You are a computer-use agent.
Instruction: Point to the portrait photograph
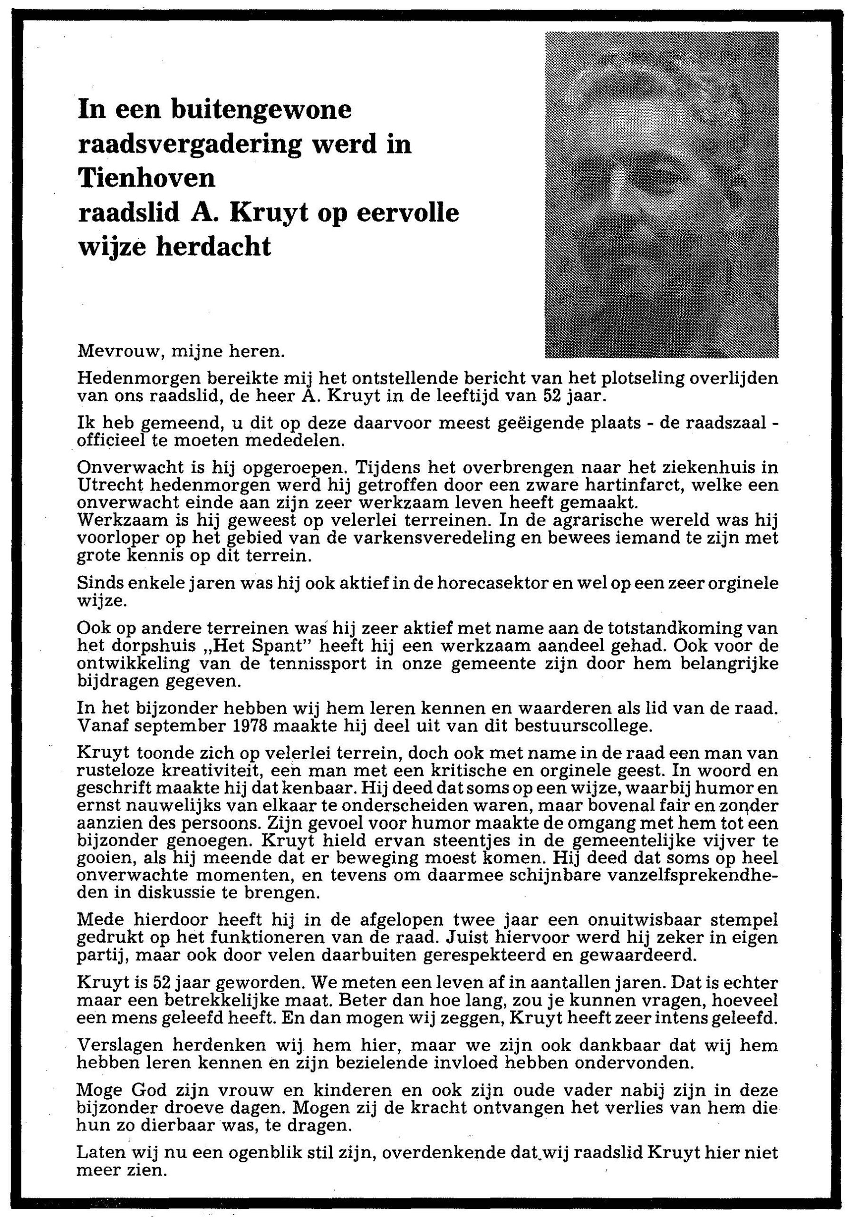point(661,194)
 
